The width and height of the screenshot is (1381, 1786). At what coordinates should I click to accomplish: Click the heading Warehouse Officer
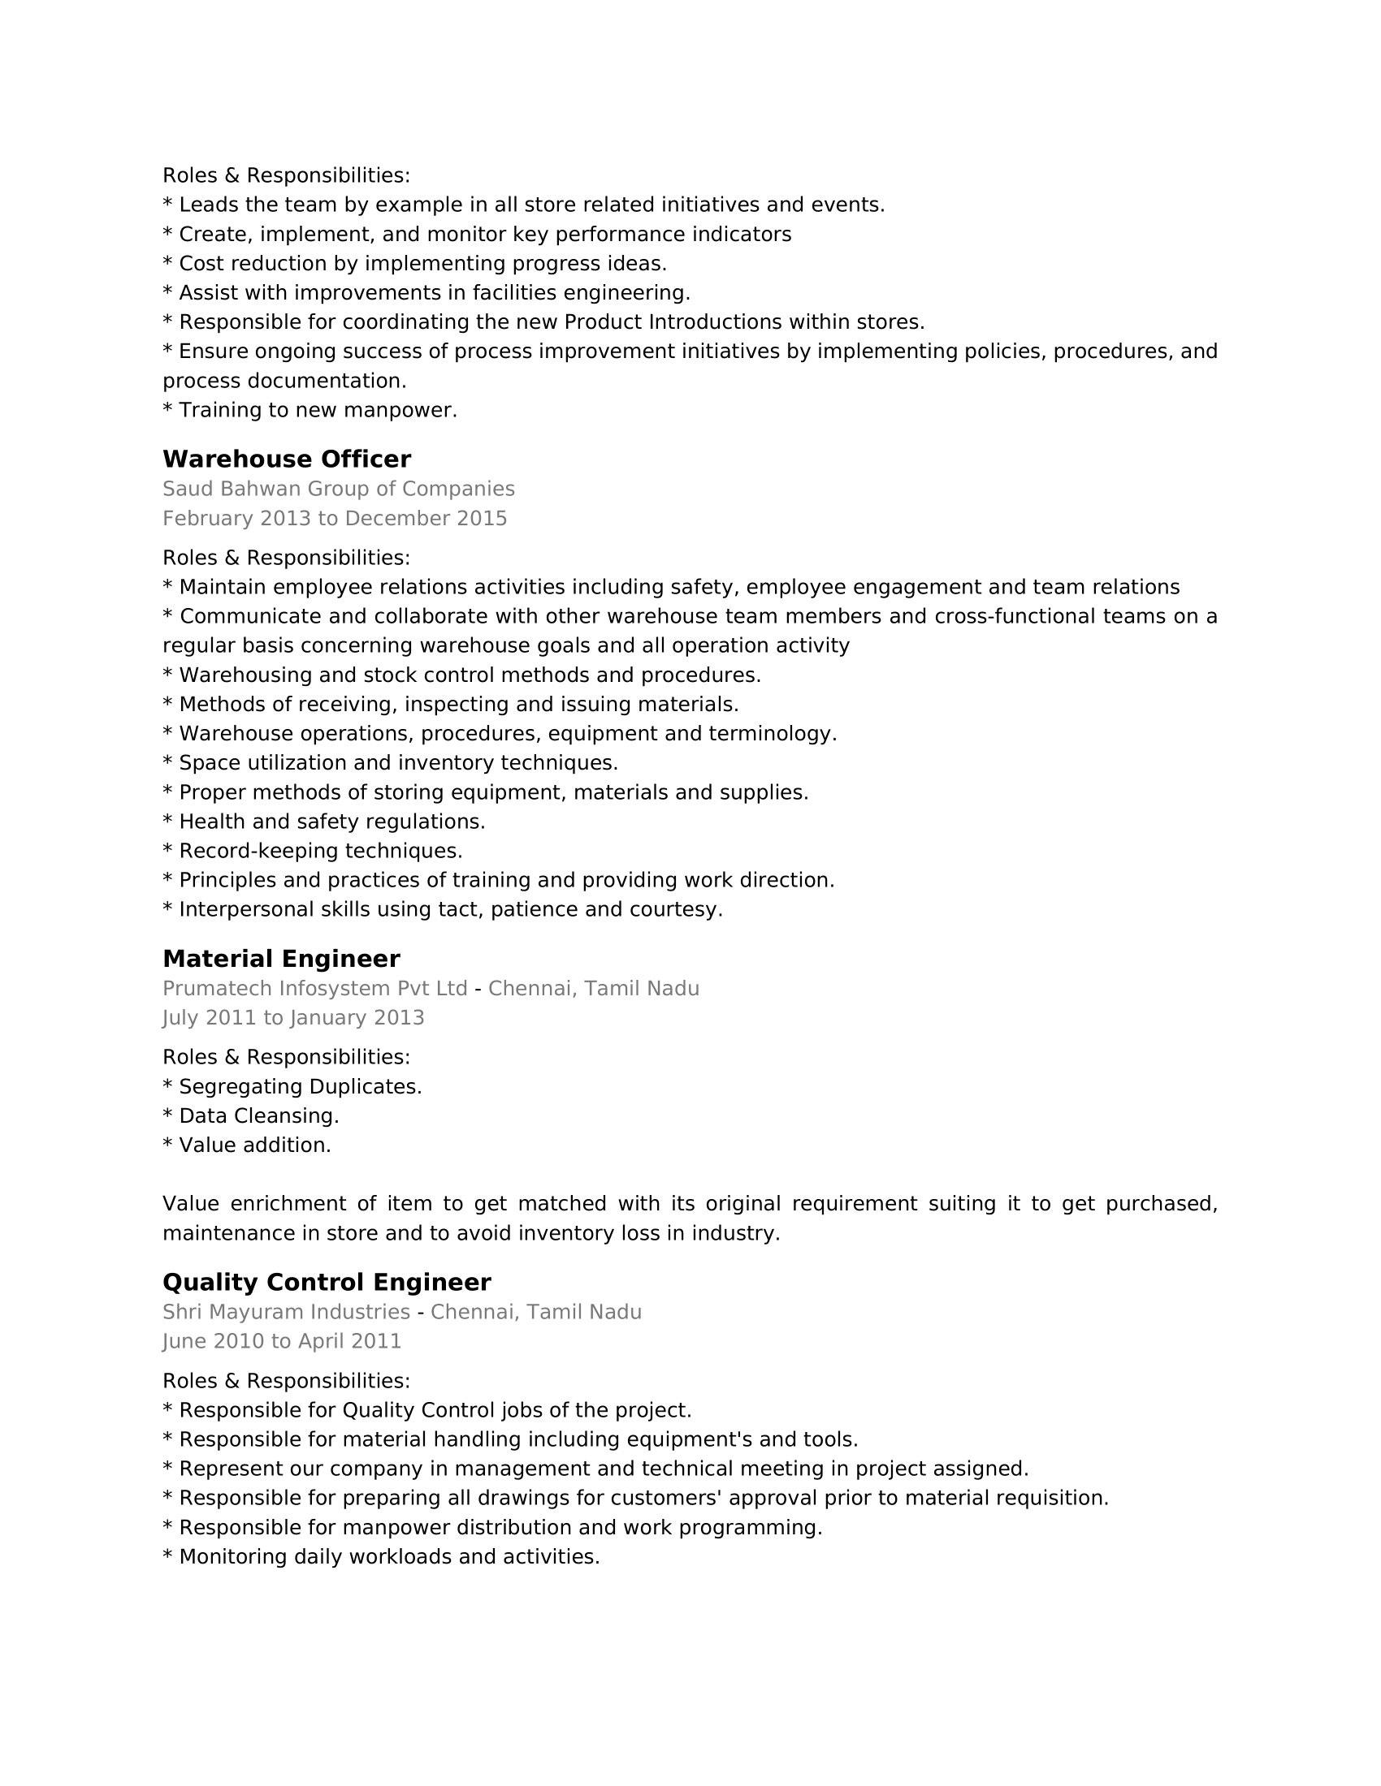tap(286, 459)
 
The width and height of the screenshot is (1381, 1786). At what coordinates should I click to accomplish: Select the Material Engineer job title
tap(280, 959)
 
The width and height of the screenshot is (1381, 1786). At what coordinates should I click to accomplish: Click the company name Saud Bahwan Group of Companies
tap(338, 489)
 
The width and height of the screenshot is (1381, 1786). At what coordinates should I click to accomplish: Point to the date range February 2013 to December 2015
tap(335, 519)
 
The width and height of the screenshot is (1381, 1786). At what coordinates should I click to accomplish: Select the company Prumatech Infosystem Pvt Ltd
tap(315, 989)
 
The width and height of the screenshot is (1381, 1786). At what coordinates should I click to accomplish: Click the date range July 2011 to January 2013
tap(293, 1017)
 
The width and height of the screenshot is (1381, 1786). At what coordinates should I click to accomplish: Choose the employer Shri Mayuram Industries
tap(286, 1312)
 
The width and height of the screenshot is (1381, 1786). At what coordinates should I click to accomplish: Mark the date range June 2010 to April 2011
tap(281, 1341)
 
